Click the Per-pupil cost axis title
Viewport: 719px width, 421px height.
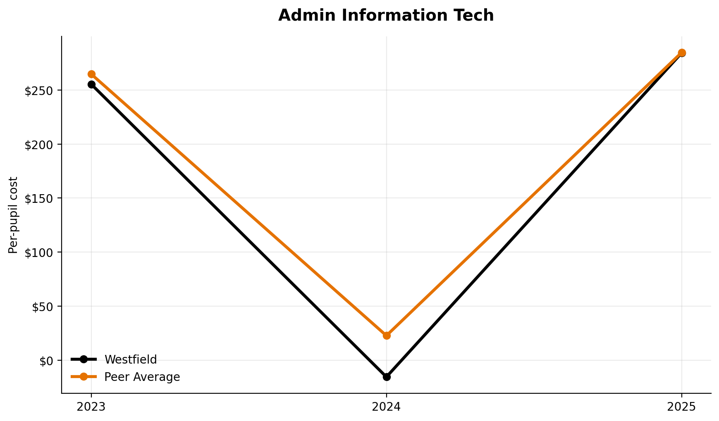[13, 215]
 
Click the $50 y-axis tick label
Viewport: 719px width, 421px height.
[44, 307]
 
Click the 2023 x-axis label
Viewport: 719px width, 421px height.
[91, 407]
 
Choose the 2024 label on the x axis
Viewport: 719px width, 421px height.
[387, 407]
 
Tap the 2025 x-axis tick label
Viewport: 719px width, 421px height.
[682, 407]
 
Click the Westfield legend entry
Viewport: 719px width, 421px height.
[130, 359]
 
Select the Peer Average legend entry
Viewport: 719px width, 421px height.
[142, 377]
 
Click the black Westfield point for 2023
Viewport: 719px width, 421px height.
[91, 85]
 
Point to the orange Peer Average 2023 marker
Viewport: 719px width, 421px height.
[91, 74]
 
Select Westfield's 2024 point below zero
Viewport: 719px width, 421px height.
[387, 377]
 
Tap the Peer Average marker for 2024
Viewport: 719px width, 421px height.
[387, 335]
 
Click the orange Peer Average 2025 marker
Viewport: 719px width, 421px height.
[682, 52]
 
